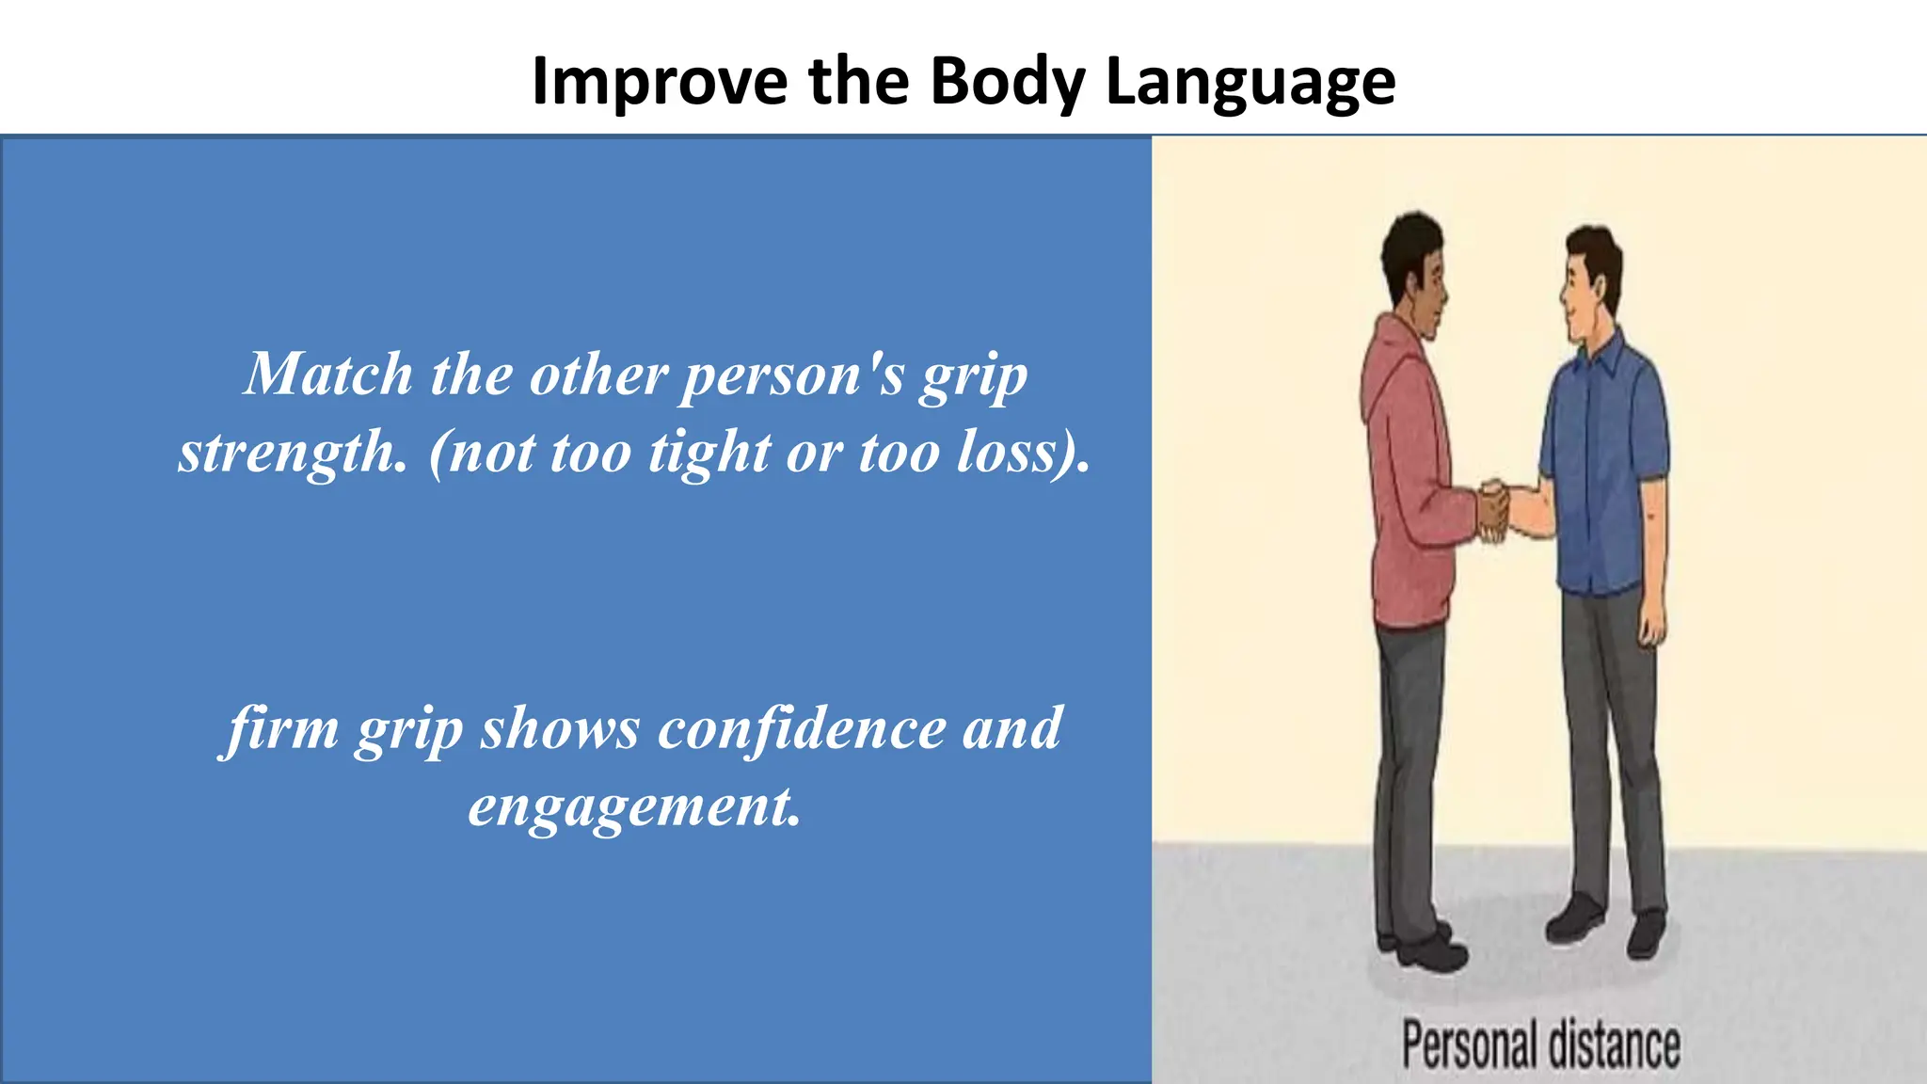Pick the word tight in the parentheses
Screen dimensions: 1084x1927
point(709,453)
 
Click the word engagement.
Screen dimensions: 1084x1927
point(634,806)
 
